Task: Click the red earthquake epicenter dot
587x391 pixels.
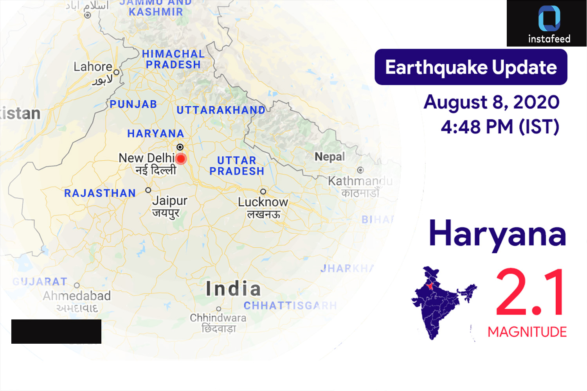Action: click(181, 159)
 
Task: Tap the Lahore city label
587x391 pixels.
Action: click(93, 67)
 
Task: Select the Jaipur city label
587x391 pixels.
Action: click(170, 201)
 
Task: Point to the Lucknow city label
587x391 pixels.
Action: click(263, 202)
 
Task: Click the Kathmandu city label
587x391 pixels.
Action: click(360, 181)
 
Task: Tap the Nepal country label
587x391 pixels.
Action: click(330, 157)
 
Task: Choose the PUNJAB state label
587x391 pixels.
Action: click(133, 104)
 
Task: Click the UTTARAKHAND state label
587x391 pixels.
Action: click(221, 110)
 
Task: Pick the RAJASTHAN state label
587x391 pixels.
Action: click(100, 193)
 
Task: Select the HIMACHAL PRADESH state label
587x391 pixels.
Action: click(173, 59)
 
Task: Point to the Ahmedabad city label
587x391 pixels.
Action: click(77, 296)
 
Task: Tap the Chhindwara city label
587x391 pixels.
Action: click(218, 318)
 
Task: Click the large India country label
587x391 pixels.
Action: click(233, 289)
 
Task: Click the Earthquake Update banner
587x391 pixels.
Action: click(471, 67)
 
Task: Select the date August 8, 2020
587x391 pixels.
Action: click(492, 102)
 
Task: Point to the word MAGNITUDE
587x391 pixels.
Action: click(527, 332)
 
